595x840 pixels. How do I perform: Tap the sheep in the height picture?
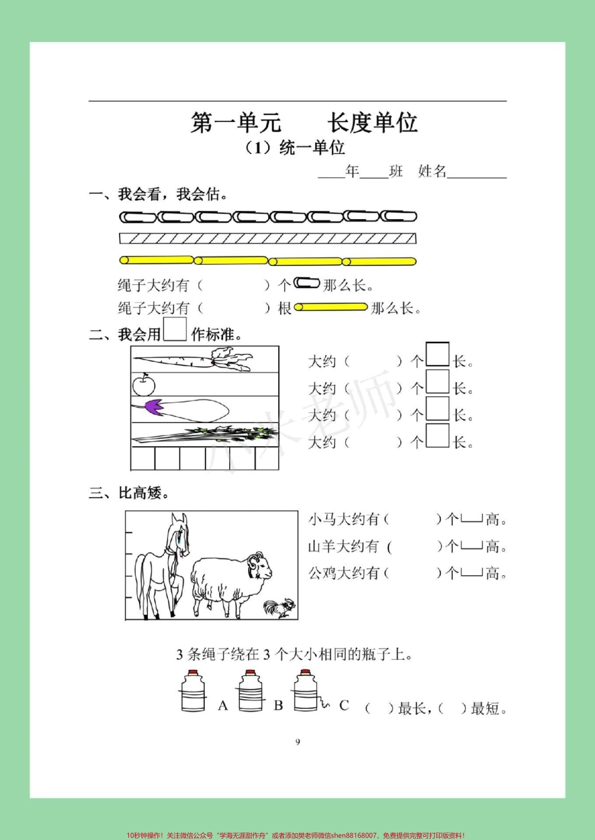229,579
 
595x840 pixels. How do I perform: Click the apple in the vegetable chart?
143,384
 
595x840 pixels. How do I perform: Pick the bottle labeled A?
193,691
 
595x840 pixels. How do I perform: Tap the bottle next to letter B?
250,691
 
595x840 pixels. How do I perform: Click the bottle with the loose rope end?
307,691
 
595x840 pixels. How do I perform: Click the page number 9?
297,742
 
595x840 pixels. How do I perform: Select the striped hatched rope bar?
267,238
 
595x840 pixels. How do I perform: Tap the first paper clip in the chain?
137,217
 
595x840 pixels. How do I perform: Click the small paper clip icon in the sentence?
307,284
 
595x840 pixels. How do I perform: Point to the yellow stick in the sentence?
331,307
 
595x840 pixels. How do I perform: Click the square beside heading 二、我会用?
175,330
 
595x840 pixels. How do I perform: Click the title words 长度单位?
372,123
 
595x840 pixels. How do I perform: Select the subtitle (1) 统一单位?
295,148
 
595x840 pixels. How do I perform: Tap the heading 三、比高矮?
130,493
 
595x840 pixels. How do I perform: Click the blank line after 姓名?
477,173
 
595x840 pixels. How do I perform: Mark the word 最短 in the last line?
486,709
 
